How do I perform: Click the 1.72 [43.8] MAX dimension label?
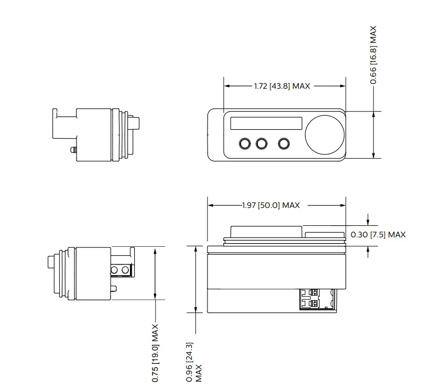tap(282, 86)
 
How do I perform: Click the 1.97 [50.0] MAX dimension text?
tap(271, 205)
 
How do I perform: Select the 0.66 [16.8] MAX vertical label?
tap(374, 55)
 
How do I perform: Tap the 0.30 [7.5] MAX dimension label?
tap(377, 235)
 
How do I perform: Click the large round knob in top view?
tap(325, 135)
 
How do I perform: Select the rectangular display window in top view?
tap(266, 123)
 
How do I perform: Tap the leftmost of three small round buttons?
tap(245, 143)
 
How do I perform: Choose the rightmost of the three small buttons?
tap(284, 143)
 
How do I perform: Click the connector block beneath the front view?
tap(318, 299)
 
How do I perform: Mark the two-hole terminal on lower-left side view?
tap(121, 270)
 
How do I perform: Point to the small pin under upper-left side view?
tap(74, 150)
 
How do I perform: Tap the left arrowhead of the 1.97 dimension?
tap(210, 205)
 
